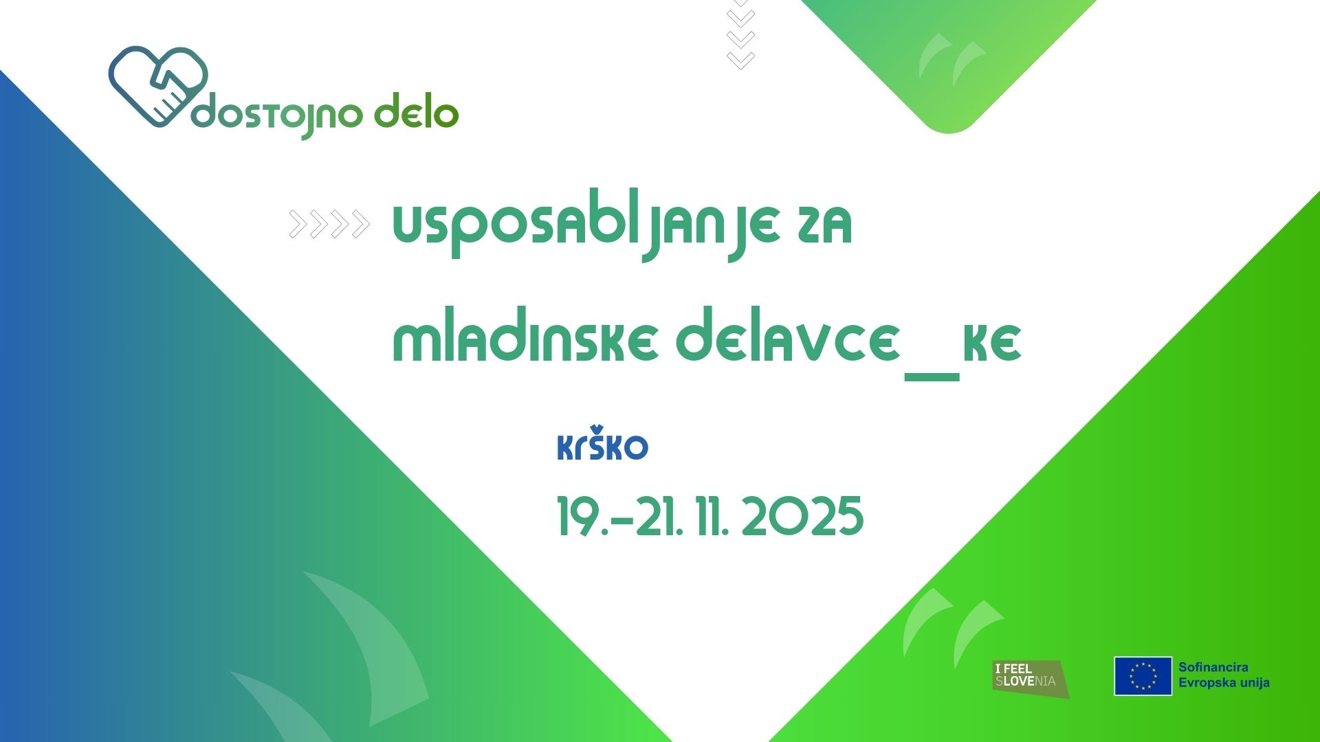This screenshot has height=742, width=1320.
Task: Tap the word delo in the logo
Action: tap(416, 112)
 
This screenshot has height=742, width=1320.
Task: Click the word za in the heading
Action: tap(825, 225)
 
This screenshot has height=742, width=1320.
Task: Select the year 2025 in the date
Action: tap(802, 517)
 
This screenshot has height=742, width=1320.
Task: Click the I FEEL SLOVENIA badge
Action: tap(1031, 679)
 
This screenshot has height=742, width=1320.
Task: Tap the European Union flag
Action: tap(1143, 676)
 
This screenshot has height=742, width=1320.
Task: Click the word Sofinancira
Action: tap(1213, 667)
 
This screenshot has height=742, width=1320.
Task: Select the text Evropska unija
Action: tap(1224, 683)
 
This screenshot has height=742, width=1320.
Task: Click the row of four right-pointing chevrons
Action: tap(330, 224)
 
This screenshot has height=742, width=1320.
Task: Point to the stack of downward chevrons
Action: tap(741, 34)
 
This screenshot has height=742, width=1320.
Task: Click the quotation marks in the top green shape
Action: tap(952, 59)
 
